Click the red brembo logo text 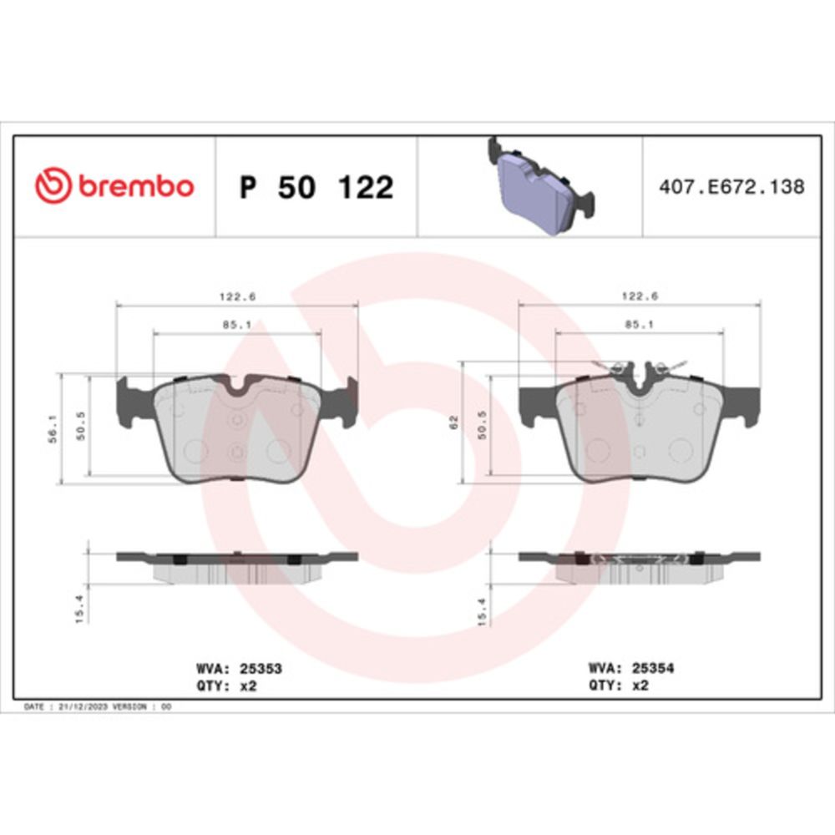pyautogui.click(x=136, y=186)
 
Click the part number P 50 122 pyautogui.click(x=316, y=187)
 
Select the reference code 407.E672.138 pyautogui.click(x=731, y=187)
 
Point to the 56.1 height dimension pyautogui.click(x=53, y=429)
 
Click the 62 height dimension pyautogui.click(x=453, y=423)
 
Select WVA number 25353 pyautogui.click(x=261, y=668)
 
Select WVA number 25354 pyautogui.click(x=653, y=668)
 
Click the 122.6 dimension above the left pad pyautogui.click(x=237, y=296)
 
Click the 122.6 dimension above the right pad pyautogui.click(x=640, y=296)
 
